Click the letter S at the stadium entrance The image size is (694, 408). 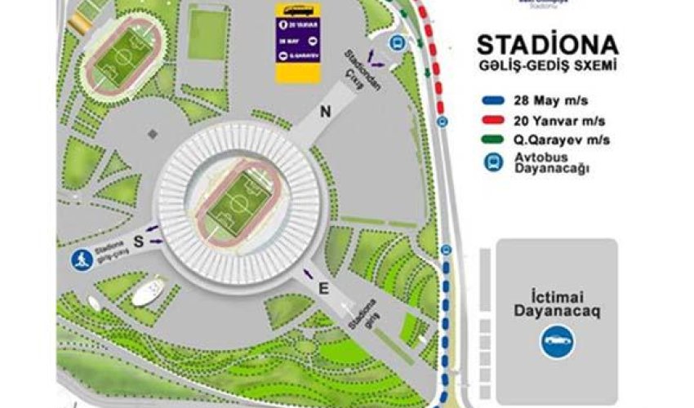[x=139, y=240]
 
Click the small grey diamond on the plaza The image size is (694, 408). [x=150, y=131]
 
